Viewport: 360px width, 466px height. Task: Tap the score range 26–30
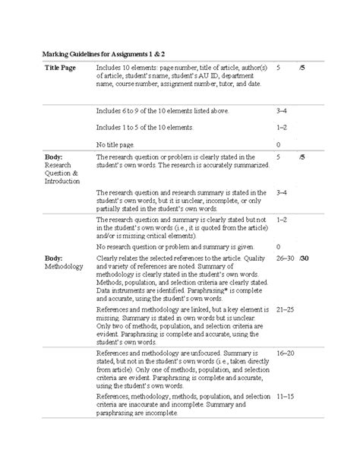pos(286,258)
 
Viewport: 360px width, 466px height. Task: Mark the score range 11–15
pos(286,396)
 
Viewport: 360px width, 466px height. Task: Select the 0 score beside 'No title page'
pos(279,144)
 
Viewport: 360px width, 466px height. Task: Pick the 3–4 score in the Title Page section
pos(282,109)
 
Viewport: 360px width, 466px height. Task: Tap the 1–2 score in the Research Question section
pos(282,219)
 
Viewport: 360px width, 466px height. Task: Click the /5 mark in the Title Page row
pos(302,68)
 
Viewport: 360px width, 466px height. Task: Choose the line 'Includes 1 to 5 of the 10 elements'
pos(150,126)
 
